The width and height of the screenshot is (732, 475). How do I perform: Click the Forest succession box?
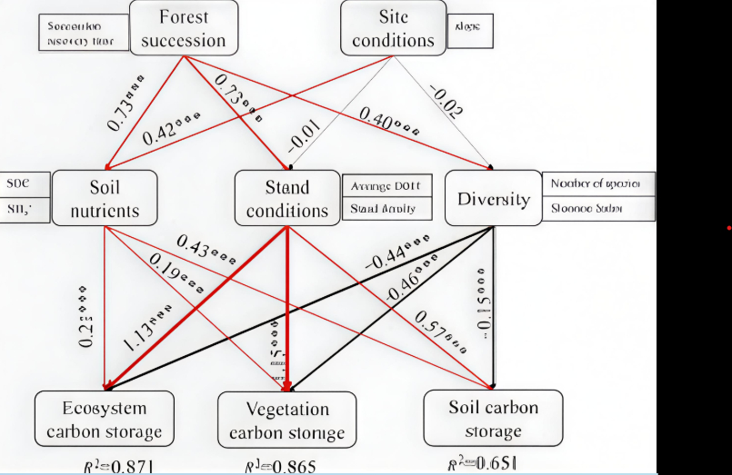[185, 28]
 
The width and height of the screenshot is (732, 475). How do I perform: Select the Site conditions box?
[393, 28]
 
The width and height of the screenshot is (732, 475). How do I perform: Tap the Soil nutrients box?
[105, 199]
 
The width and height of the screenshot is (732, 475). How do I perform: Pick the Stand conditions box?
[287, 199]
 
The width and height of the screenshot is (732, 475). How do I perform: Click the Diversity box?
[492, 199]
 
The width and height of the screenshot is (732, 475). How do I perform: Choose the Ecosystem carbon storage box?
[104, 418]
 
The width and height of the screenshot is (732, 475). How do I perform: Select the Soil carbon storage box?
[493, 418]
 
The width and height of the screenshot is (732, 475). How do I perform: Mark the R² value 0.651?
[483, 463]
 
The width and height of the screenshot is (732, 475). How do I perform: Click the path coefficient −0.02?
[446, 101]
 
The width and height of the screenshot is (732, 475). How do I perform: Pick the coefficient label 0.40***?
[388, 121]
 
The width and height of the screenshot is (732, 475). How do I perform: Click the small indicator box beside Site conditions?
[472, 29]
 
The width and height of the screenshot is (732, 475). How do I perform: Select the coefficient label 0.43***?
[206, 249]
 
